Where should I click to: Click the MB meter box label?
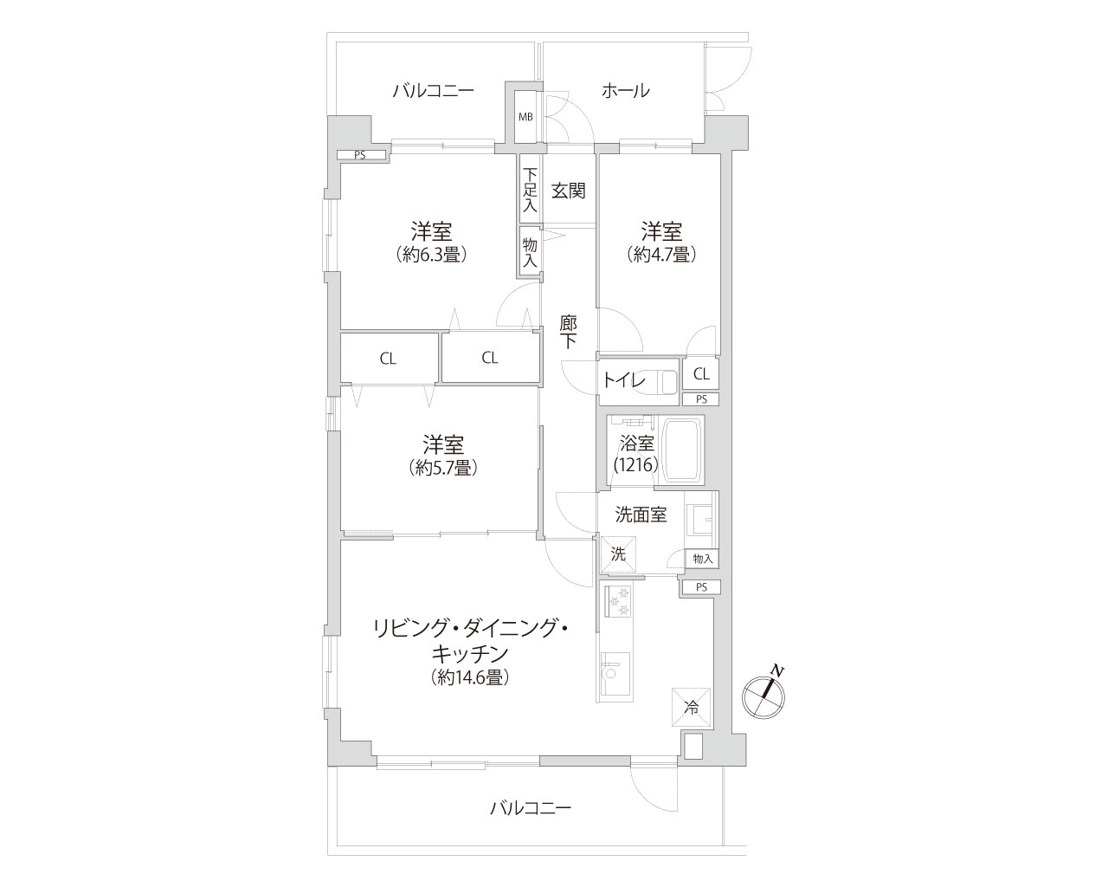(525, 117)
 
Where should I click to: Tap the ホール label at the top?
(626, 91)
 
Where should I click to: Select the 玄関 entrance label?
(569, 191)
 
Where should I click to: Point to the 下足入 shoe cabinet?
(530, 189)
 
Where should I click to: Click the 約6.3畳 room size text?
(431, 255)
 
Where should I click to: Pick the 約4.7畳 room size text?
(661, 255)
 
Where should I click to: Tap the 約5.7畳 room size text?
(443, 467)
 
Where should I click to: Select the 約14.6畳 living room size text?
(470, 677)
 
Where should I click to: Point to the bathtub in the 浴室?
(682, 450)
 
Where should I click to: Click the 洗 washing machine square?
(618, 554)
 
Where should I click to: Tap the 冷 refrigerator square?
(691, 708)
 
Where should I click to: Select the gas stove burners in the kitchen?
(618, 601)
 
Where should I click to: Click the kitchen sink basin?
(615, 674)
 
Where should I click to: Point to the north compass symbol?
(763, 696)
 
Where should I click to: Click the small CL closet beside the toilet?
(701, 373)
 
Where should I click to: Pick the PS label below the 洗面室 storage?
(701, 587)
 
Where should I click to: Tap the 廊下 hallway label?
(569, 332)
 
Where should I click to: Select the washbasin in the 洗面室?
(700, 520)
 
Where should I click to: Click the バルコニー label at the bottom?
(531, 807)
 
